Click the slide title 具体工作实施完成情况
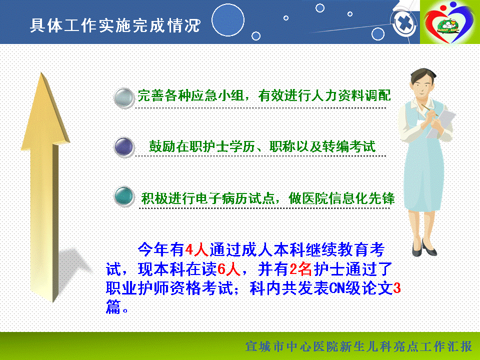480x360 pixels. point(115,25)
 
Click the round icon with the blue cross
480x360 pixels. point(404,23)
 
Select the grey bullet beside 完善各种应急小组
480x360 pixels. point(124,98)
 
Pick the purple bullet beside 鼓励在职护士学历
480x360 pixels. point(124,147)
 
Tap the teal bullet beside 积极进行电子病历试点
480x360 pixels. point(124,196)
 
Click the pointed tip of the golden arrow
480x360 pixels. point(41,73)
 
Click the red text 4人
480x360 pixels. point(196,250)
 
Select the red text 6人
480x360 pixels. point(228,269)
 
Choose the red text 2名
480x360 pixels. point(300,269)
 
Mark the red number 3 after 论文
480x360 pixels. point(396,288)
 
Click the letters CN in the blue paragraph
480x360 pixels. point(337,288)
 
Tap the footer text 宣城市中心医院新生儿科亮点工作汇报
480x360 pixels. point(359,347)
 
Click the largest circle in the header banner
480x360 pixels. point(228,20)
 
